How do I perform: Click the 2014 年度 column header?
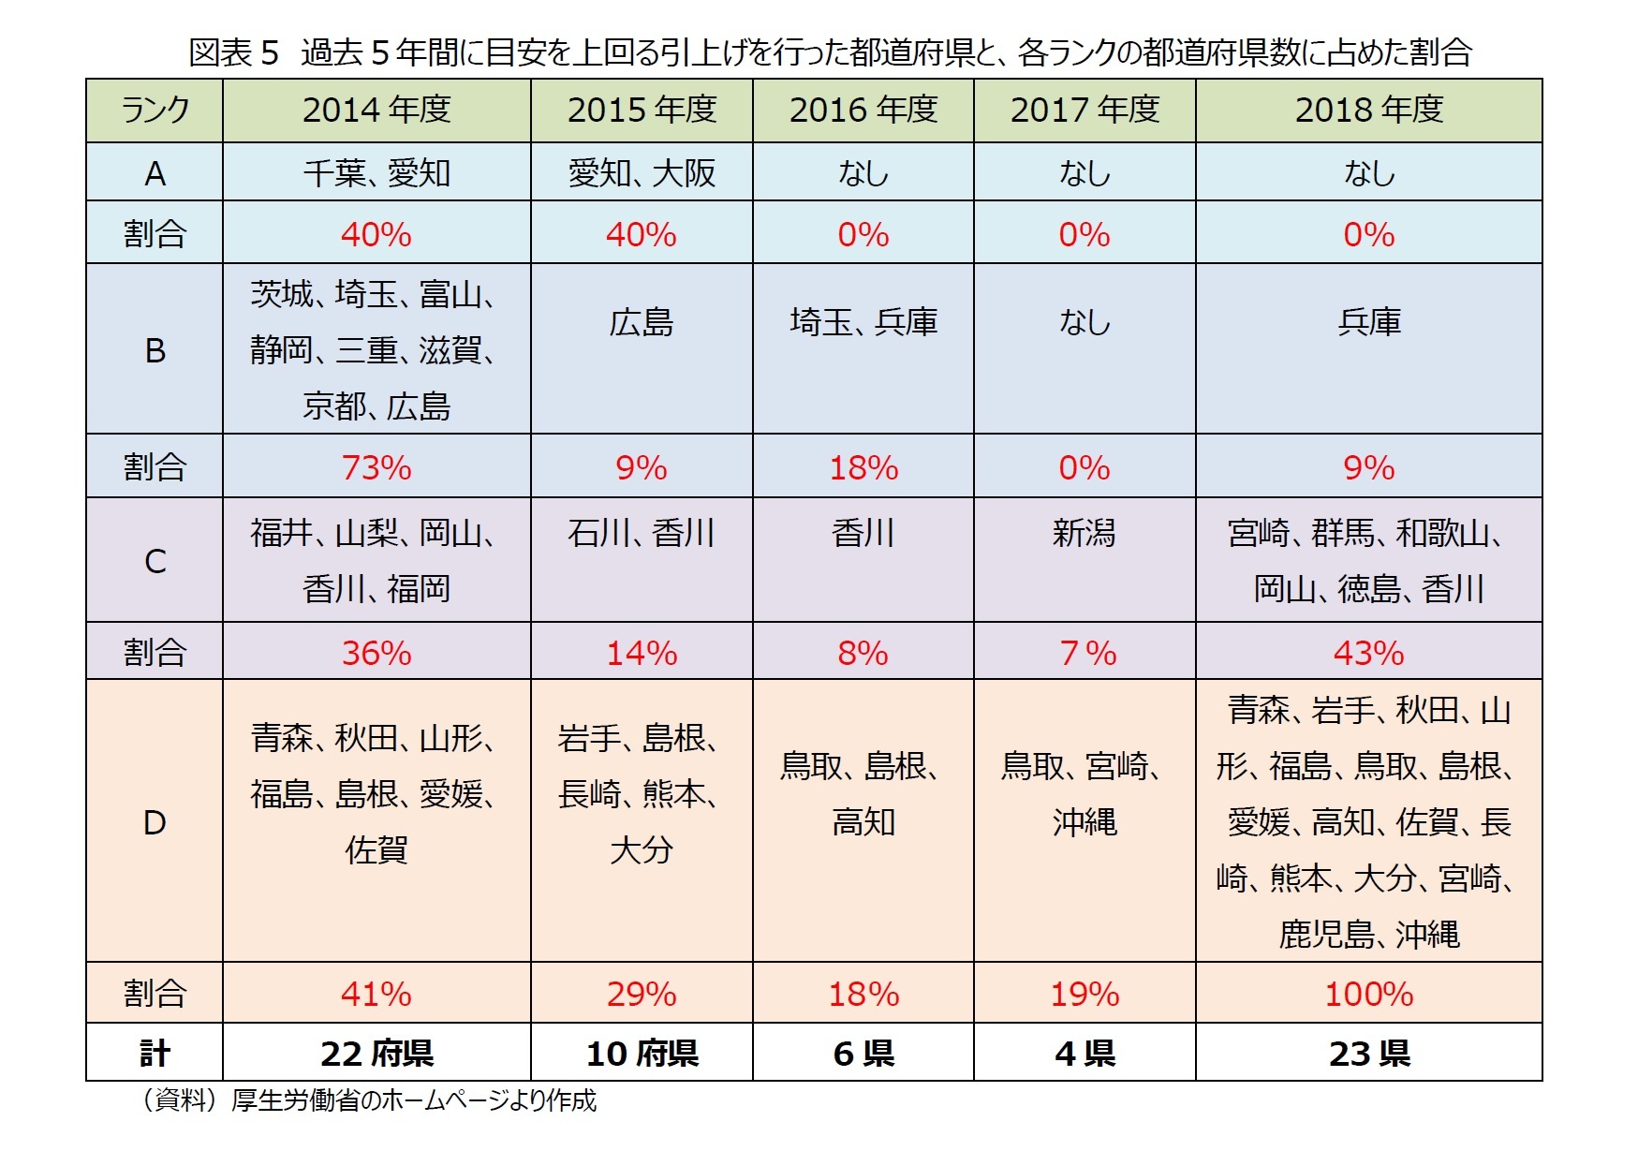(x=376, y=111)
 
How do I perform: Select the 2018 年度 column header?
(x=1368, y=111)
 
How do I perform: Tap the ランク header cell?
(x=155, y=111)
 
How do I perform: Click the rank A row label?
(x=155, y=173)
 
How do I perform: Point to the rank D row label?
(x=155, y=822)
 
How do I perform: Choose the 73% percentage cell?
(x=376, y=467)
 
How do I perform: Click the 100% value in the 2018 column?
(x=1368, y=994)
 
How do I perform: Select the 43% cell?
(x=1368, y=653)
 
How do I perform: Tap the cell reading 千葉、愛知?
(x=376, y=173)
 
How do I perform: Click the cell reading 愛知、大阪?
(x=642, y=173)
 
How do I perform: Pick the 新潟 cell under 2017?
(x=1084, y=534)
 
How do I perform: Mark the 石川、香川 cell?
(x=642, y=534)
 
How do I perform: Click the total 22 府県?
(x=376, y=1054)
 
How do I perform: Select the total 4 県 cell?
(x=1085, y=1054)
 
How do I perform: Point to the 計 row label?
(x=155, y=1054)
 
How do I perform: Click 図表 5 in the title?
(x=234, y=52)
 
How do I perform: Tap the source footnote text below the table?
(x=369, y=1100)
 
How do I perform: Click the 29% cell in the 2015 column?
(x=642, y=994)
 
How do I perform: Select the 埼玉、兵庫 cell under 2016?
(x=863, y=322)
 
